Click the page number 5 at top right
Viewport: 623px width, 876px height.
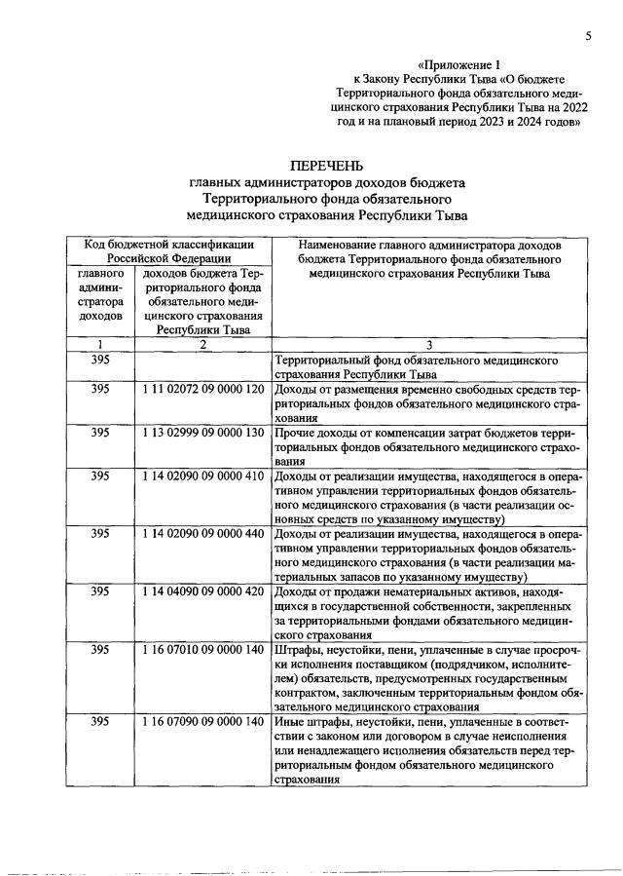[589, 36]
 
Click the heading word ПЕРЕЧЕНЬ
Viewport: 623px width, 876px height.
[326, 164]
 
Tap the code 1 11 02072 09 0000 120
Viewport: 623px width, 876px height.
[202, 388]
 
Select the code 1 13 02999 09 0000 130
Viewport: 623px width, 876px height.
[202, 432]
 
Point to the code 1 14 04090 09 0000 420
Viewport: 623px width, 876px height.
[202, 590]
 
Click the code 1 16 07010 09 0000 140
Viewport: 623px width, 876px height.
[202, 649]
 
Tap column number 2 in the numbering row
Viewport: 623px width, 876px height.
[202, 344]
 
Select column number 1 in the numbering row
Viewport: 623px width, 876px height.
[99, 344]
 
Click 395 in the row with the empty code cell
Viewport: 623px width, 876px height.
[99, 360]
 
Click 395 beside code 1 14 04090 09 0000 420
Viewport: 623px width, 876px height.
[99, 590]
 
